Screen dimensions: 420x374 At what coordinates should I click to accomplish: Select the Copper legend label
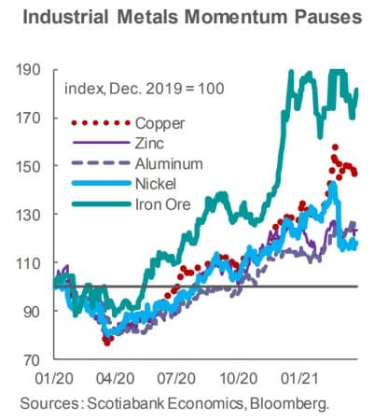[159, 122]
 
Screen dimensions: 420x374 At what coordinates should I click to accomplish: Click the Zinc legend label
[150, 142]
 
